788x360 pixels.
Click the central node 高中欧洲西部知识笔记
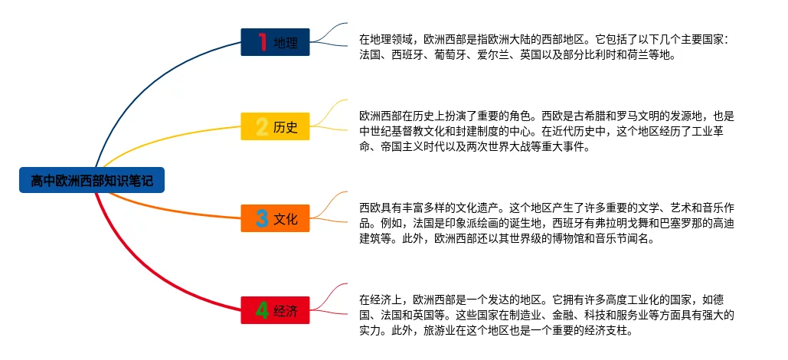[91, 181]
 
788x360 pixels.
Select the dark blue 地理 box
[275, 42]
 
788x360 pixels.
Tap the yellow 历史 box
[275, 126]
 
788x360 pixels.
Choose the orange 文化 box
[275, 219]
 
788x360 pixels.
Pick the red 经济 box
[275, 310]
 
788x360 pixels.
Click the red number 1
[262, 42]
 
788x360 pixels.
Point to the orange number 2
[262, 126]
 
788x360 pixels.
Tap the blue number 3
[262, 219]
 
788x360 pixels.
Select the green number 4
[262, 310]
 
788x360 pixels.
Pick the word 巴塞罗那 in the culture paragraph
[658, 223]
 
